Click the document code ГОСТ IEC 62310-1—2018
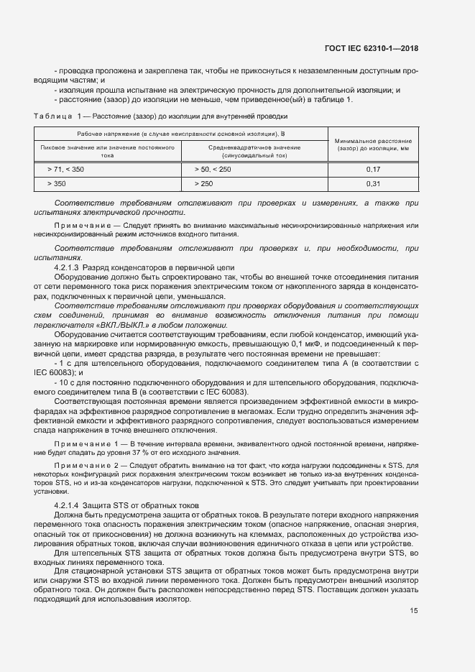coord(371,48)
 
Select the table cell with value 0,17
coord(372,169)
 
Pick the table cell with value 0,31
coord(372,184)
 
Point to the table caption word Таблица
coord(52,116)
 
